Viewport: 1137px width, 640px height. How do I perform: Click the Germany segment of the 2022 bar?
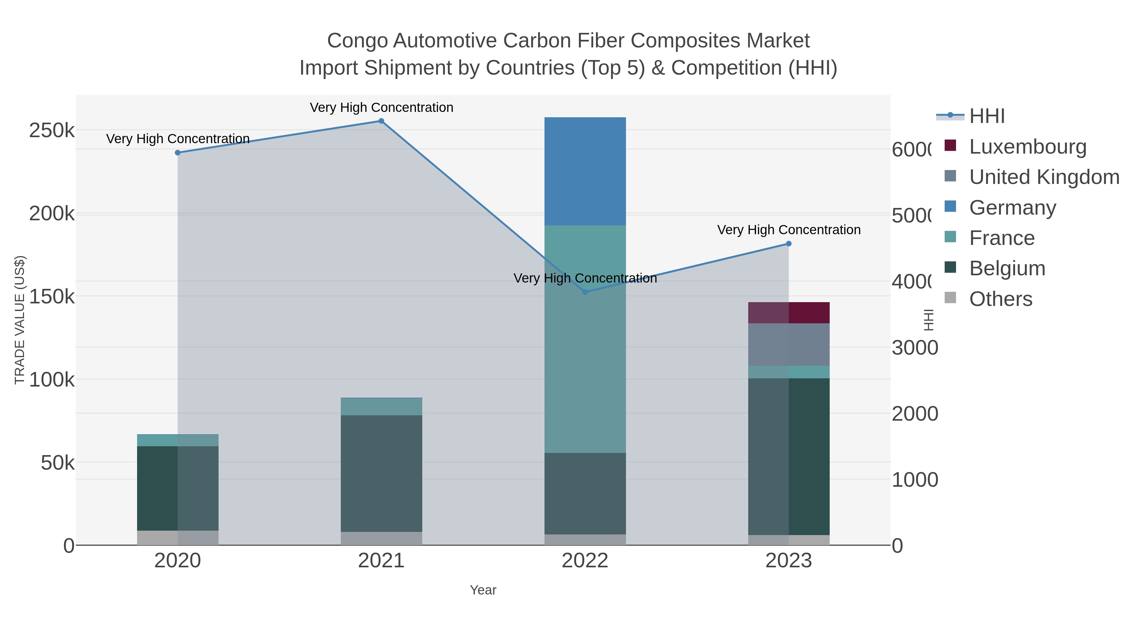585,171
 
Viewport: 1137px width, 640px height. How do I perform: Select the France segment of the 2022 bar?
585,339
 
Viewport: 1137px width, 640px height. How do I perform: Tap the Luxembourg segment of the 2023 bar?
789,313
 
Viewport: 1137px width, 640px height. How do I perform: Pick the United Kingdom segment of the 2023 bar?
789,344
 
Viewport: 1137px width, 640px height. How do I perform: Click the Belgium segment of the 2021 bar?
381,473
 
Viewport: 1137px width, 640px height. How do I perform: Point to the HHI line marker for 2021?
381,121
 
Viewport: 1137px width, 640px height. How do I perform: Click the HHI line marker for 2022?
585,292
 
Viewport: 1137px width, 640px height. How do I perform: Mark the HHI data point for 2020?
178,153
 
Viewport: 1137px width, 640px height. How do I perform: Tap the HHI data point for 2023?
789,244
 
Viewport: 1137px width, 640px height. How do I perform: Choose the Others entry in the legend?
1000,299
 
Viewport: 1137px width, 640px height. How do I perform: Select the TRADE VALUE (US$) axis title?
20,320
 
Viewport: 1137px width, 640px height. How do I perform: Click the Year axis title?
483,590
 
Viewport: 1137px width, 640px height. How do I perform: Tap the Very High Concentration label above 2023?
789,230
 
